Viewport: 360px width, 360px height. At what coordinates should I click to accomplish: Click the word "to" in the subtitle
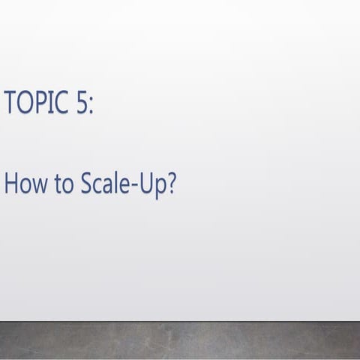click(59, 184)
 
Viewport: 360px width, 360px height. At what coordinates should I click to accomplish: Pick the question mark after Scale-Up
click(170, 184)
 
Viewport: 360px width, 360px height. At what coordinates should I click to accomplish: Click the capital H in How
click(11, 184)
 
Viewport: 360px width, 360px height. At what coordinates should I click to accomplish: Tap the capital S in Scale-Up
click(80, 184)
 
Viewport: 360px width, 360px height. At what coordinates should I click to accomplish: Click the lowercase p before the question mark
click(159, 187)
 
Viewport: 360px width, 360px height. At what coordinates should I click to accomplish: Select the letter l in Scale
click(114, 183)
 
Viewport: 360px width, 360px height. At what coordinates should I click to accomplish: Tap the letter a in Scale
click(104, 186)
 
